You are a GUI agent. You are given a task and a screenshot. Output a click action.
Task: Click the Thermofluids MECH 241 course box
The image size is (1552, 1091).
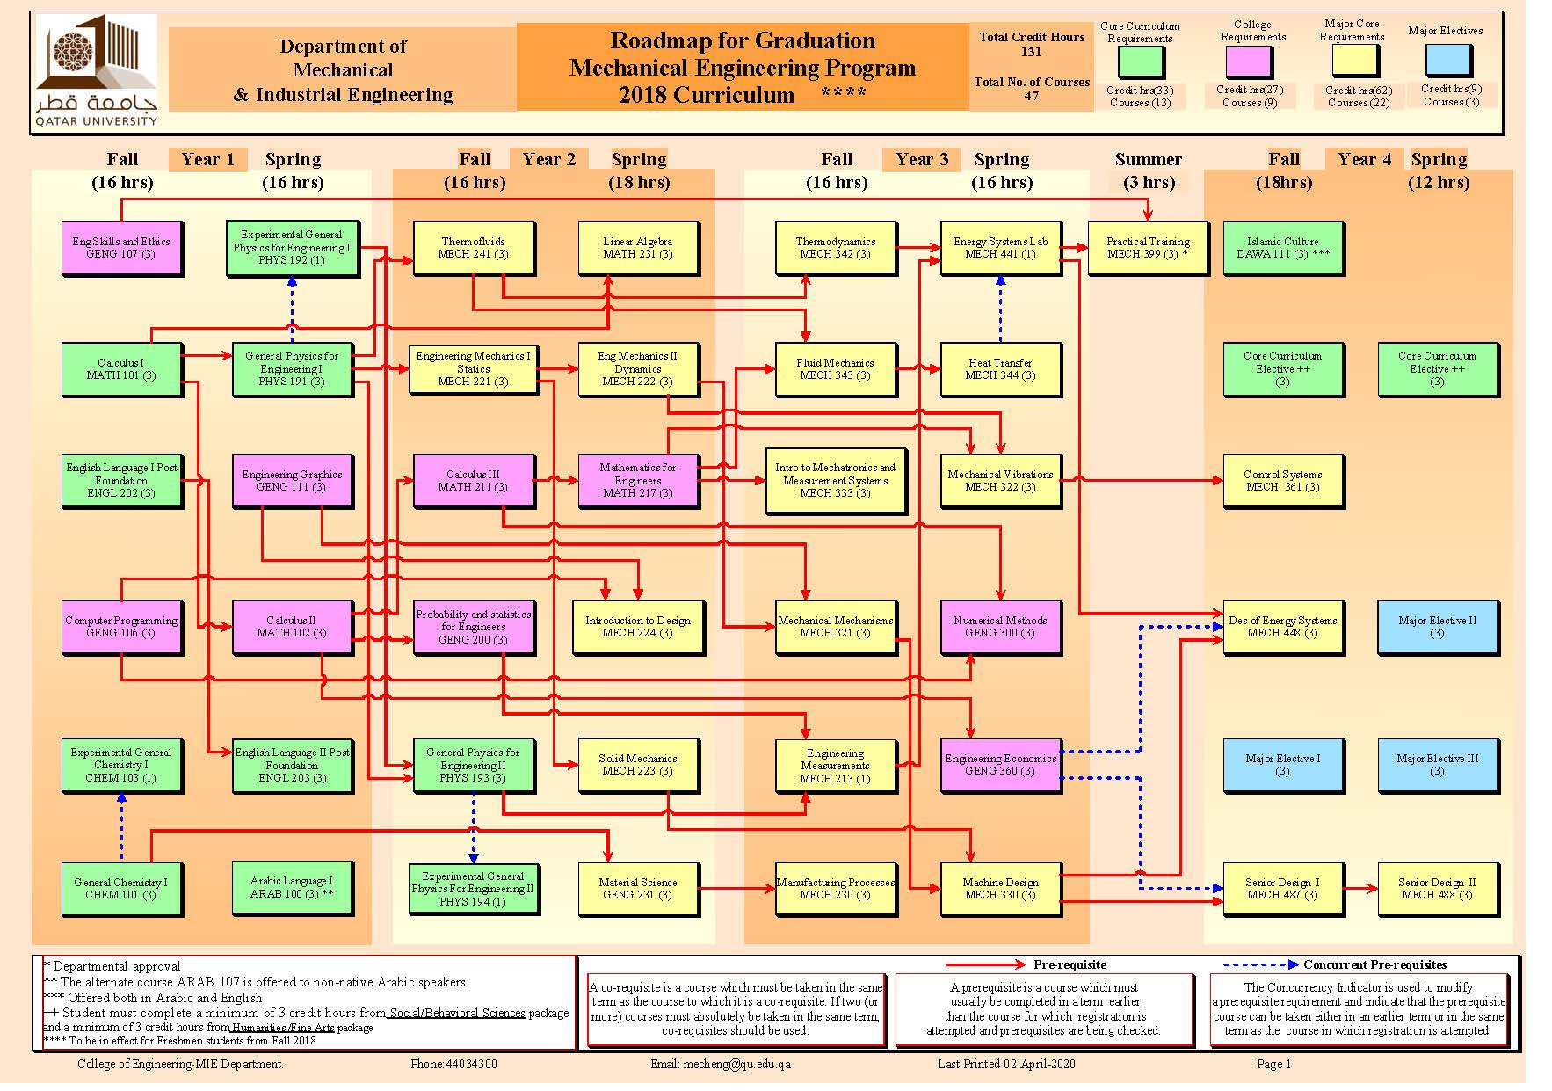click(x=473, y=248)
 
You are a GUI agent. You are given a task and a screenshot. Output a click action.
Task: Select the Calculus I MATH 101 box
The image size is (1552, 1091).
click(x=121, y=369)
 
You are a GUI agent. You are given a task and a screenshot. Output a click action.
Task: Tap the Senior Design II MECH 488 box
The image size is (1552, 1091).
click(x=1437, y=888)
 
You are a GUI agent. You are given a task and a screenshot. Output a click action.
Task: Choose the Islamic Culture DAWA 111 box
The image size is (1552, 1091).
click(x=1282, y=248)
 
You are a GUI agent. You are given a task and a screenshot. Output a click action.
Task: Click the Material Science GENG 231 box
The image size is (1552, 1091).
click(x=638, y=888)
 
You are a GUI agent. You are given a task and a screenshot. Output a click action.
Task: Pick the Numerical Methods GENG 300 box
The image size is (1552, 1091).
click(x=999, y=626)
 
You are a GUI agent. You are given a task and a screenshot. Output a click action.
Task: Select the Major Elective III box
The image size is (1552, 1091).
click(x=1437, y=764)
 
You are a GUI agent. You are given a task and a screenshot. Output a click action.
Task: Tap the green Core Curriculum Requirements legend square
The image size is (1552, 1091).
click(x=1140, y=62)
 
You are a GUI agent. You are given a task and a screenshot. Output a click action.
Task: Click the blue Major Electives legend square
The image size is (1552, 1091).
click(x=1447, y=60)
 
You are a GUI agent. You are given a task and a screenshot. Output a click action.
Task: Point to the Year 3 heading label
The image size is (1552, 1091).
click(x=921, y=159)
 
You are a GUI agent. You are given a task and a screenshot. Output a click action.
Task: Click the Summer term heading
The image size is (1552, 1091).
click(x=1148, y=159)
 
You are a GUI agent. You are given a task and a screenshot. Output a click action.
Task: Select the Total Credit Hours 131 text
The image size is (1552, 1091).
click(x=1032, y=44)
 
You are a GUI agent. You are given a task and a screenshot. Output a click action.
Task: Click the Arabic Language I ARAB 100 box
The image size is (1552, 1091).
click(x=292, y=887)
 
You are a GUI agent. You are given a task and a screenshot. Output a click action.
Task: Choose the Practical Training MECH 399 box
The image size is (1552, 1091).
click(x=1147, y=248)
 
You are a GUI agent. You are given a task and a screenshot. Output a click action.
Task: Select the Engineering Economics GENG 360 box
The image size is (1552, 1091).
click(x=999, y=764)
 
